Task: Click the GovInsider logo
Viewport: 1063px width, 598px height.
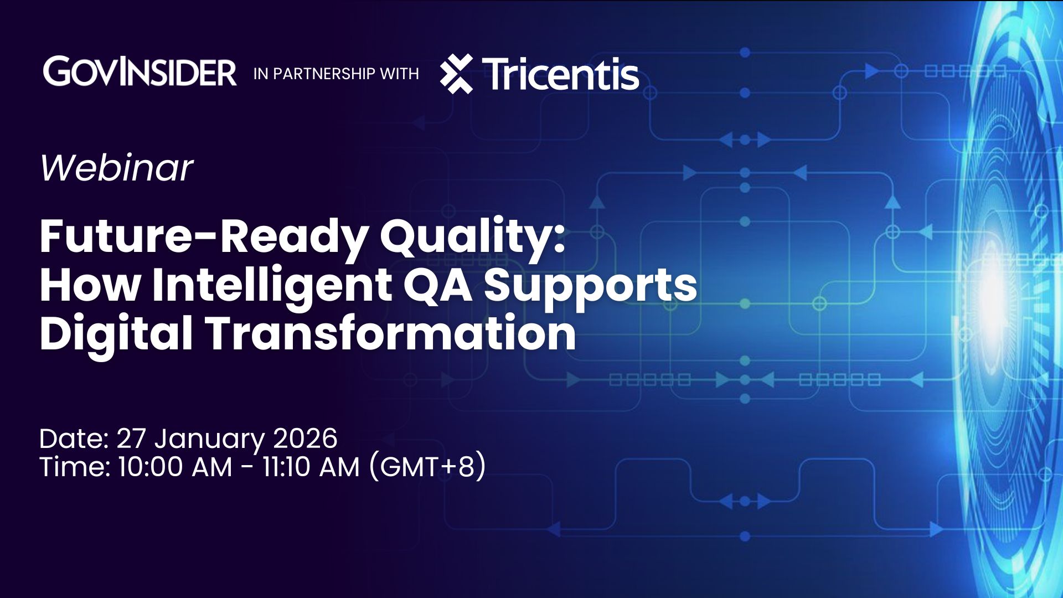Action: pos(140,72)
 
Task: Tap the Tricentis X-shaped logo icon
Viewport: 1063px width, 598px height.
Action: pos(456,74)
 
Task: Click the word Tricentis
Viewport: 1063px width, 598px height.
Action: pos(560,74)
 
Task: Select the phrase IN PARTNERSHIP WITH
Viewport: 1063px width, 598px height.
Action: pos(336,74)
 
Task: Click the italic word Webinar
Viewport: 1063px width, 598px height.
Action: pos(116,167)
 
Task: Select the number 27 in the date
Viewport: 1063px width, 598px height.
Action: pos(131,439)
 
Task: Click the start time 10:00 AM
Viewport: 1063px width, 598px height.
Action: pos(175,467)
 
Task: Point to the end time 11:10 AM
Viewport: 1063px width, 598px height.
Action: pos(311,467)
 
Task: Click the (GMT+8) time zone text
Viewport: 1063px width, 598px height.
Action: pos(427,466)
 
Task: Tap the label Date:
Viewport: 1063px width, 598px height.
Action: pos(74,439)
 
